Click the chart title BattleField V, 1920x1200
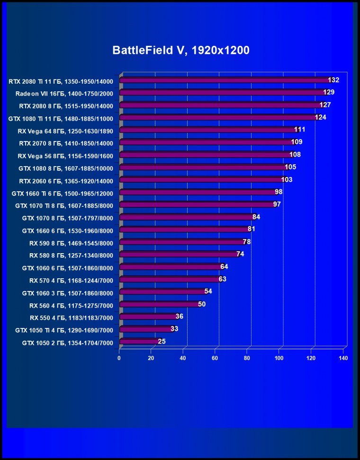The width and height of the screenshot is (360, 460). click(180, 51)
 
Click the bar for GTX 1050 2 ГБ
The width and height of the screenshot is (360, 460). click(138, 341)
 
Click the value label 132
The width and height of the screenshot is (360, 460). click(333, 80)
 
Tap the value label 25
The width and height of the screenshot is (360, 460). click(162, 341)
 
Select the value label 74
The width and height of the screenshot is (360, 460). click(240, 254)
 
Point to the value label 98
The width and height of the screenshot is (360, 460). click(279, 192)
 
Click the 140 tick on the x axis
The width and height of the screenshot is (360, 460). click(343, 358)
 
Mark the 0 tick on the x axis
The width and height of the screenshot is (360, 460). click(119, 358)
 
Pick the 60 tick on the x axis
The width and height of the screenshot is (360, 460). click(216, 358)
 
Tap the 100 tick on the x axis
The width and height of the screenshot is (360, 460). click(279, 358)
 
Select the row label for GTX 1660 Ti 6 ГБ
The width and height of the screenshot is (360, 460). click(63, 193)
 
